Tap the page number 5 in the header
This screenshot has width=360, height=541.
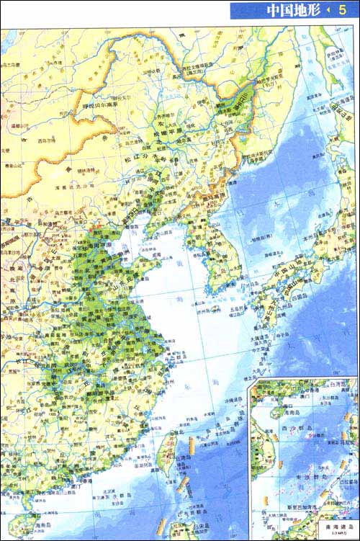(342, 10)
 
